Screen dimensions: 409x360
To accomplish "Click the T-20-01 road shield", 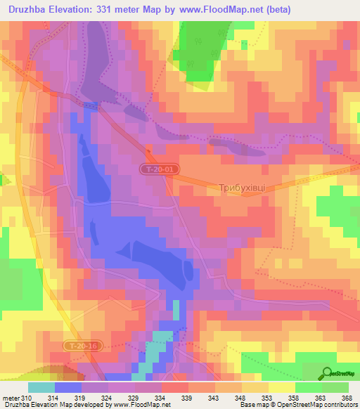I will (155, 169).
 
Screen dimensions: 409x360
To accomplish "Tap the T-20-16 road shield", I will (82, 346).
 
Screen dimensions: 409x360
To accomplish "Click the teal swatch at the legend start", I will (41, 388).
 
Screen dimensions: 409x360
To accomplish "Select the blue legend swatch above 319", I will (68, 388).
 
